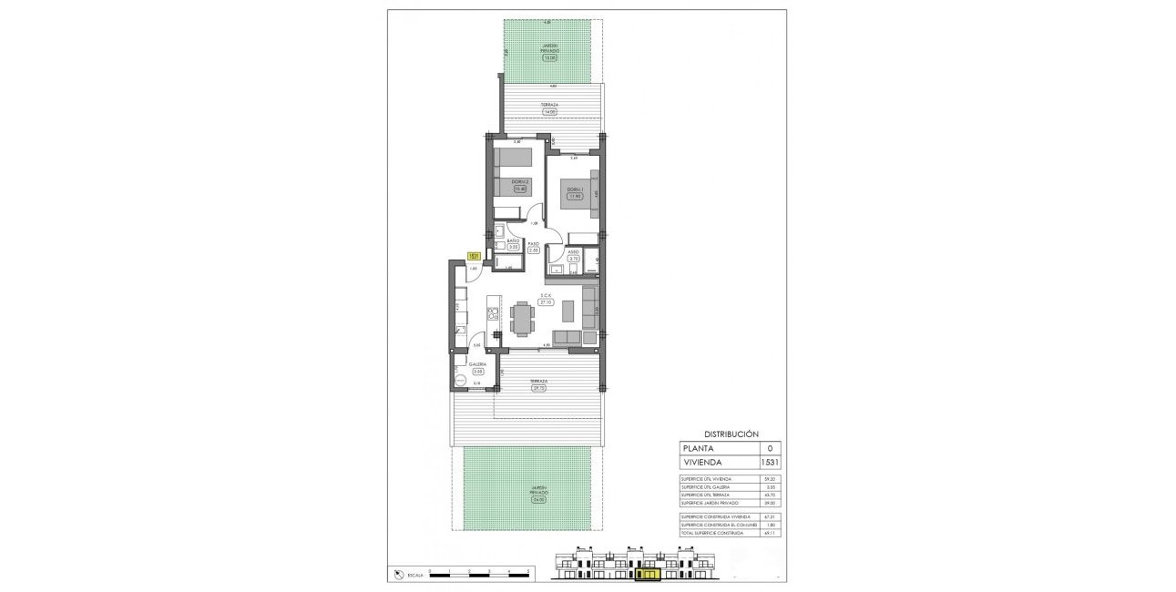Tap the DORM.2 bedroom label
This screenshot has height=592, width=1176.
520,182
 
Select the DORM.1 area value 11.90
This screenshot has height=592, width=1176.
574,196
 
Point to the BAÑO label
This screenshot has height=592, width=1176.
513,240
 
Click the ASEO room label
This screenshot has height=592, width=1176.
574,252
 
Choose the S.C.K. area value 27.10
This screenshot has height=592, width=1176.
547,302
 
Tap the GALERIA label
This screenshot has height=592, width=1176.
477,364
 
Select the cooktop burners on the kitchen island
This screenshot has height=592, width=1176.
493,314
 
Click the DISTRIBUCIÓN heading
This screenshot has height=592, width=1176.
731,434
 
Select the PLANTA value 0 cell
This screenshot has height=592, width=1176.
770,448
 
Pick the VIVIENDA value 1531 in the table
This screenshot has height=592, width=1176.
770,462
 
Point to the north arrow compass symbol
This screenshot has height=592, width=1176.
400,574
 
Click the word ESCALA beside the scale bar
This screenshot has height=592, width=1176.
416,575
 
